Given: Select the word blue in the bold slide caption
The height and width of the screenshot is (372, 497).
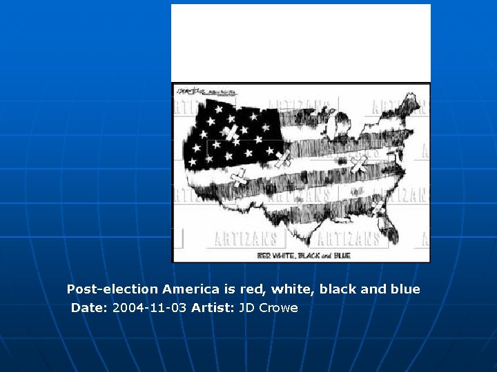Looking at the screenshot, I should click(404, 289).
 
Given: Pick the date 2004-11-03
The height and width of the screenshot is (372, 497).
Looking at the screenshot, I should click(149, 308).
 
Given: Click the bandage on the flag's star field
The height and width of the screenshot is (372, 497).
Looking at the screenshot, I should click(230, 132).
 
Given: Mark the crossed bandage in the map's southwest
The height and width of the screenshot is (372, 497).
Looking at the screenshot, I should click(239, 179).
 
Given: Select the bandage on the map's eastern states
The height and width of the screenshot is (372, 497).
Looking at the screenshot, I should click(358, 164).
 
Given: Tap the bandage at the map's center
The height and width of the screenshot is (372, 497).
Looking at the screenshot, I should click(282, 159).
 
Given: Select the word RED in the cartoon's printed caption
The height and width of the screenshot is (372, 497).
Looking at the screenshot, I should click(265, 256).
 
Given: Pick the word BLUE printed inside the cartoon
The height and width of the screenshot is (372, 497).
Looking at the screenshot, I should click(341, 256).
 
